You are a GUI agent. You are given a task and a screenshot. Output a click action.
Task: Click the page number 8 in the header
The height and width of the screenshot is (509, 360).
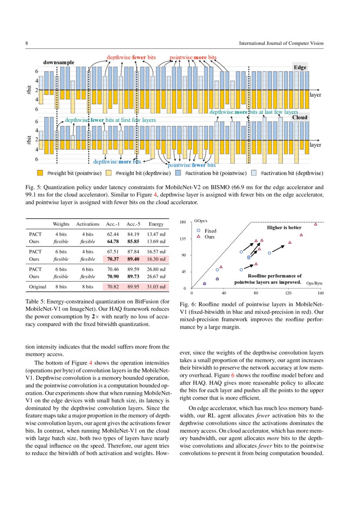pyautogui.click(x=27, y=44)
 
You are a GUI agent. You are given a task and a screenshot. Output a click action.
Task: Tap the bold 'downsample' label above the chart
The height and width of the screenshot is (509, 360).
pyautogui.click(x=59, y=63)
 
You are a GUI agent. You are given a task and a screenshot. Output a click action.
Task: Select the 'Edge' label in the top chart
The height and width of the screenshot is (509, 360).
pyautogui.click(x=300, y=67)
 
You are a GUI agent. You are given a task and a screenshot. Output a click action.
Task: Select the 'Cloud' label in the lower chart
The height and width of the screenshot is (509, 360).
pyautogui.click(x=299, y=118)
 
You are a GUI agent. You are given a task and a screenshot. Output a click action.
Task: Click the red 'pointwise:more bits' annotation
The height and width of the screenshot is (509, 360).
pyautogui.click(x=193, y=57)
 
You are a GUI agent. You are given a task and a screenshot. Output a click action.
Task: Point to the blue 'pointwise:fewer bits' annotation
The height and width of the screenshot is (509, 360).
pyautogui.click(x=192, y=165)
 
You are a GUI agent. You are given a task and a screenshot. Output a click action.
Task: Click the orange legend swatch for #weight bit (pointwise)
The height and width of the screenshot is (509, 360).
pyautogui.click(x=40, y=173)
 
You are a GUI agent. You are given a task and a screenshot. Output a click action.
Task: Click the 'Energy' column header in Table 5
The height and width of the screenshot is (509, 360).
pyautogui.click(x=156, y=224)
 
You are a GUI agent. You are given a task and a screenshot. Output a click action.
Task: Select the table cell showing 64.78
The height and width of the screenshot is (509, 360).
pyautogui.click(x=113, y=241)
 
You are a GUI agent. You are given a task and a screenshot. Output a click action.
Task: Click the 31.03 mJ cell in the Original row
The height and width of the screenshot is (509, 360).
pyautogui.click(x=156, y=287)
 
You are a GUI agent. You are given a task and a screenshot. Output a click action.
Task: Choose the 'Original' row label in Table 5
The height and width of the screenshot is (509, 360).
pyautogui.click(x=38, y=287)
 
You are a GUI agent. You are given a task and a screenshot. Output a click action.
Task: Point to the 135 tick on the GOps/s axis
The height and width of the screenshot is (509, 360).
pyautogui.click(x=183, y=239)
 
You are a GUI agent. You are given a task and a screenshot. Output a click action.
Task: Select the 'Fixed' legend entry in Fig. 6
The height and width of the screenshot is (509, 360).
pyautogui.click(x=210, y=231)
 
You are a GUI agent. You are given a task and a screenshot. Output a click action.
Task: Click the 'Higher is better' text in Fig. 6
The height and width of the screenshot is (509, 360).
pyautogui.click(x=283, y=228)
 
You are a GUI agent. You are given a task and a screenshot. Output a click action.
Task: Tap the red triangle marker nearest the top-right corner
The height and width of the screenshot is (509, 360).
pyautogui.click(x=316, y=224)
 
